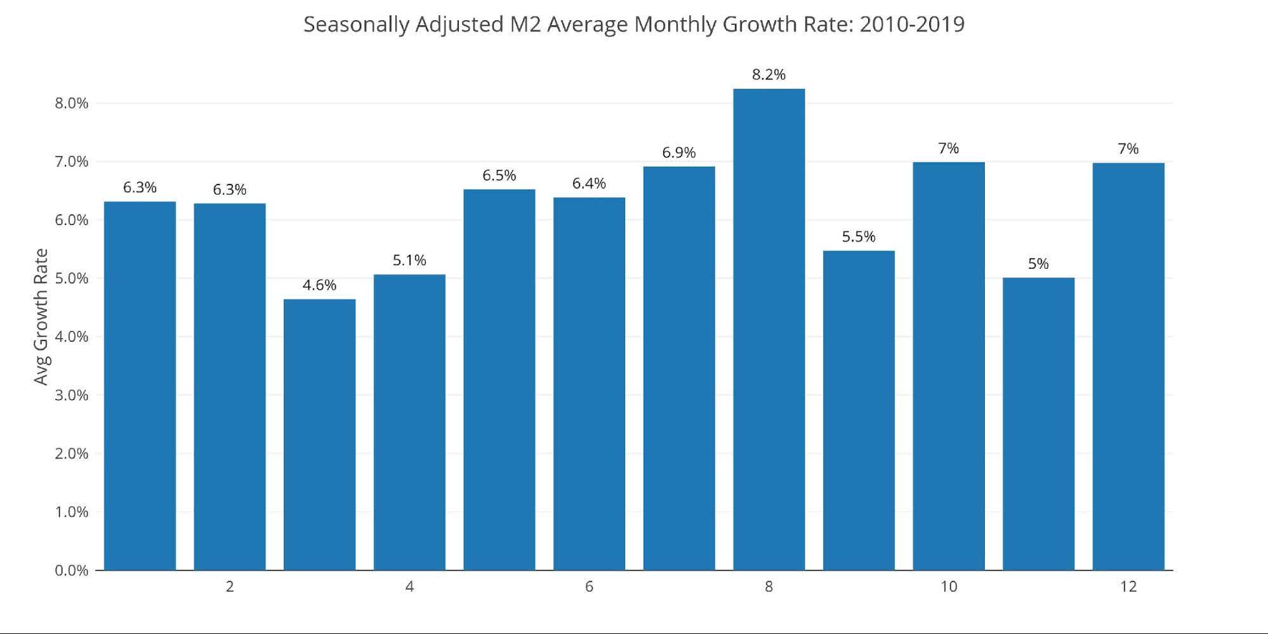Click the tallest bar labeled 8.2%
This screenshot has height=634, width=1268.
(x=769, y=330)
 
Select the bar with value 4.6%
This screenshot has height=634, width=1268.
(x=319, y=435)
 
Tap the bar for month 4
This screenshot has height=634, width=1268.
(x=409, y=422)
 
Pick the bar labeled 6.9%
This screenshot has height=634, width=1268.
(x=679, y=368)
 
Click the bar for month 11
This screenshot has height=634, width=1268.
(x=1038, y=424)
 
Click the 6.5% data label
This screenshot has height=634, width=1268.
(x=499, y=176)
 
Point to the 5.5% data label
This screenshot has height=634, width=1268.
(x=859, y=237)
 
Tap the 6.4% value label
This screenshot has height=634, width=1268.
(x=589, y=184)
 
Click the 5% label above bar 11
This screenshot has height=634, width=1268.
(x=1038, y=264)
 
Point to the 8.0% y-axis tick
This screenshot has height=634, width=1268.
(x=71, y=103)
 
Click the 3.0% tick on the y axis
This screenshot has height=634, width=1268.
(x=71, y=396)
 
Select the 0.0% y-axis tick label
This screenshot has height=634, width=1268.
(x=71, y=571)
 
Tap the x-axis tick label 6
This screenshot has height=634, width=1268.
(x=589, y=587)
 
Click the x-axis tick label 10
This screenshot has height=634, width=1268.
(x=948, y=587)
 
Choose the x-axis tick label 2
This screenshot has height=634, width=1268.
(x=230, y=587)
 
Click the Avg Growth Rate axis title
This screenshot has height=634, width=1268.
(x=41, y=317)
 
